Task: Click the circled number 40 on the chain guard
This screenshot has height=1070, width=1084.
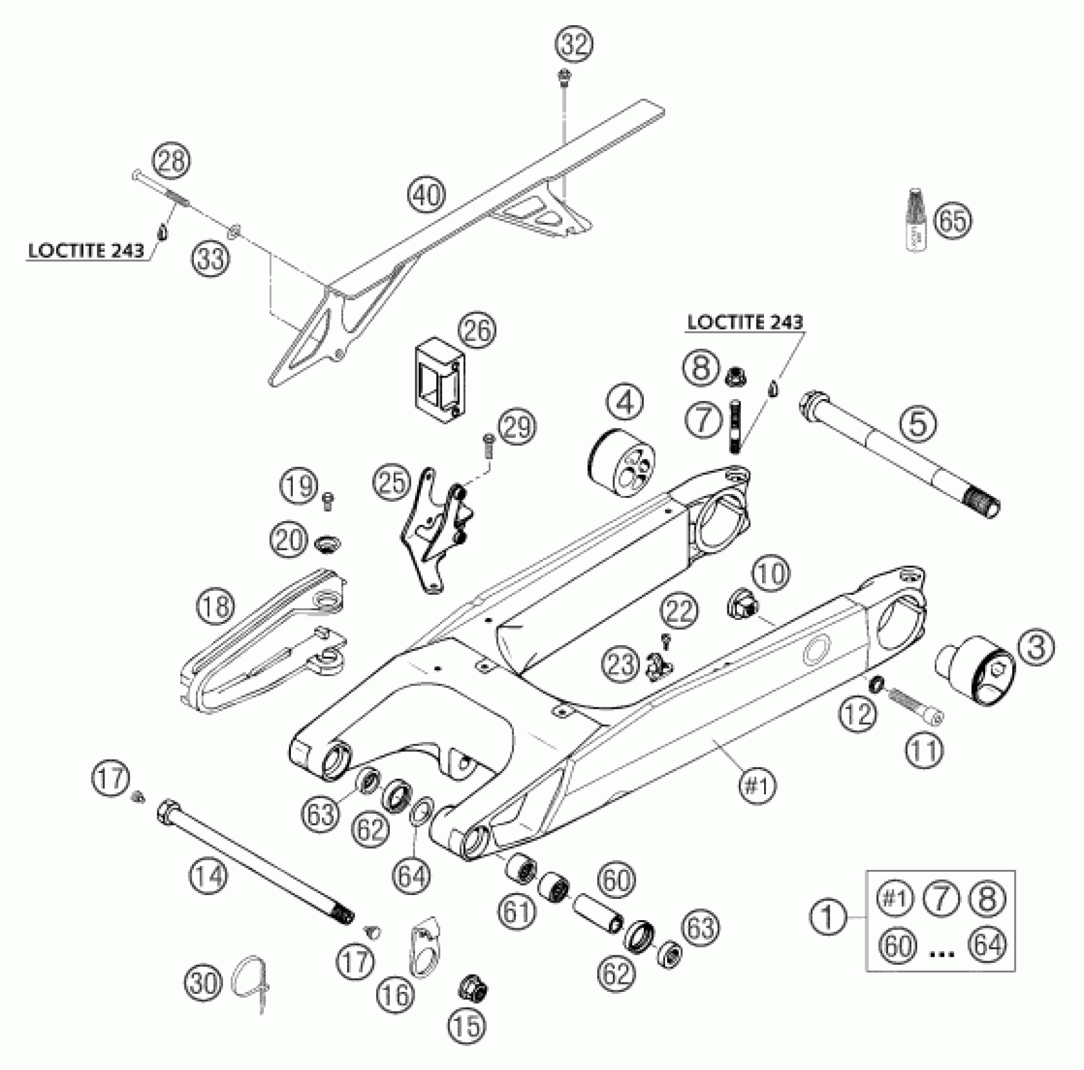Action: click(x=426, y=194)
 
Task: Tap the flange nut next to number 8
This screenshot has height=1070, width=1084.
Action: click(x=733, y=377)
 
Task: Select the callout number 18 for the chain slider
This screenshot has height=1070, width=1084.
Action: click(x=215, y=607)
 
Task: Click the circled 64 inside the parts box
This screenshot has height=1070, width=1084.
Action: click(x=987, y=945)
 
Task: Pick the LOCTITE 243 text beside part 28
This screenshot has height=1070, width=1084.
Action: click(x=86, y=251)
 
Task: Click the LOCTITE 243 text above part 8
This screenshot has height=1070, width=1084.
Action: click(x=745, y=322)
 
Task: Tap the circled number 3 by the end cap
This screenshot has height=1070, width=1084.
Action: click(x=1036, y=648)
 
